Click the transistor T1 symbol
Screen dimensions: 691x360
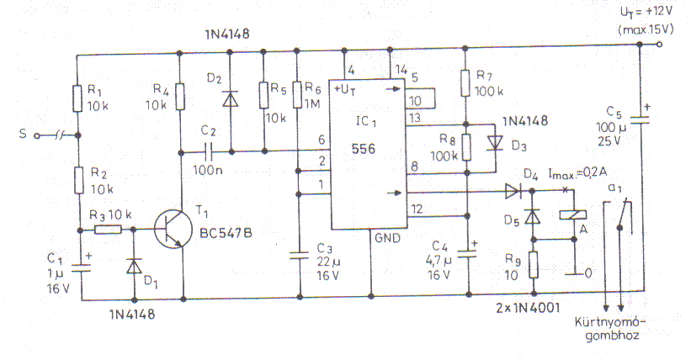point(173,230)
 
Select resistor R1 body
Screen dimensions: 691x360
point(77,98)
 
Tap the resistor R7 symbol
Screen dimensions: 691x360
point(465,82)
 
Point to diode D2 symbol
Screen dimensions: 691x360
point(230,98)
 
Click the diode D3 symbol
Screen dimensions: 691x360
point(496,143)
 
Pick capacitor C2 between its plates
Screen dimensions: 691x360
point(209,152)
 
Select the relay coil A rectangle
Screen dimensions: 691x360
point(573,214)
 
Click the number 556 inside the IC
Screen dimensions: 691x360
point(364,149)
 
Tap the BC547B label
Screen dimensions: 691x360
point(226,233)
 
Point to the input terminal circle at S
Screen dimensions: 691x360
point(37,135)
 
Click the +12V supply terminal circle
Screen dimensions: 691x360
point(659,44)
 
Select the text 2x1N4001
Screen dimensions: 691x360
point(528,308)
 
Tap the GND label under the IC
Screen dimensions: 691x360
point(388,238)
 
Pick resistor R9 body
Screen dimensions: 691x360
point(534,264)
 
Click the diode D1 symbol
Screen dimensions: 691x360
point(134,266)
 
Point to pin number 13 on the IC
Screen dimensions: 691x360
point(415,118)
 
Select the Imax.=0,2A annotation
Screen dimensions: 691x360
point(577,173)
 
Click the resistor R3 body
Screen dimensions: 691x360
point(108,230)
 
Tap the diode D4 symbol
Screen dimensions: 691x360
point(513,191)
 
